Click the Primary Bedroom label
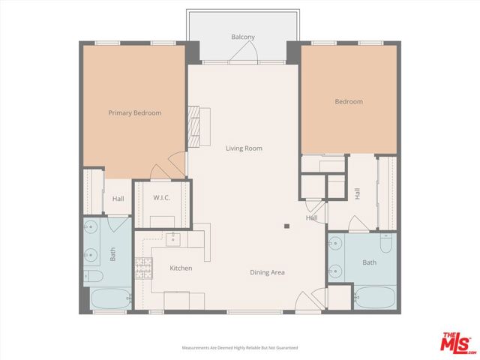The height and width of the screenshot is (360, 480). click(x=134, y=113)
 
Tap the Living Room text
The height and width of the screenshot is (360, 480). click(x=244, y=148)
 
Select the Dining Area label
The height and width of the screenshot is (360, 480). click(x=267, y=272)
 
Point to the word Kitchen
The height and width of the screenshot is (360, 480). click(x=181, y=268)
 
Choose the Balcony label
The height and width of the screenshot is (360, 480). click(x=242, y=37)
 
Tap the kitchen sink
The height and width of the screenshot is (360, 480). click(x=171, y=239)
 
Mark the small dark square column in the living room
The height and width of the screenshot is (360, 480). click(x=286, y=225)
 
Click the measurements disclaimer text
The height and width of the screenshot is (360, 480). click(x=240, y=348)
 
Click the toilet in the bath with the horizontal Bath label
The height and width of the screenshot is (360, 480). click(x=385, y=245)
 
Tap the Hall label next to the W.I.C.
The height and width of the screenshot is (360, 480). click(x=118, y=199)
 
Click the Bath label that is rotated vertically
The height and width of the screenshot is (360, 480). click(x=113, y=255)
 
